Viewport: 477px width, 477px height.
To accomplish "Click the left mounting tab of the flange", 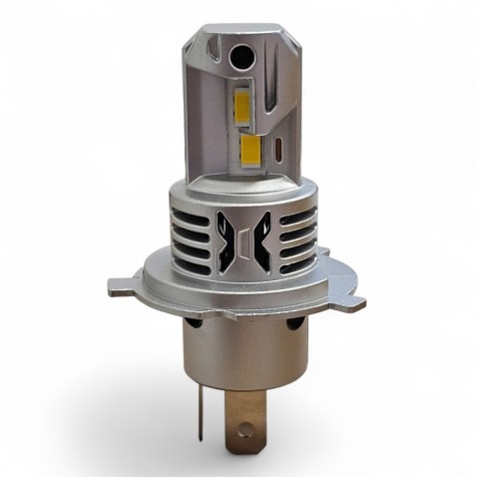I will coord(123,288).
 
